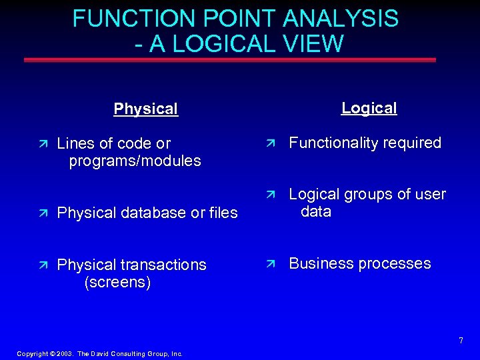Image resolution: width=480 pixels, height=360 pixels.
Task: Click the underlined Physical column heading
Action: (146, 109)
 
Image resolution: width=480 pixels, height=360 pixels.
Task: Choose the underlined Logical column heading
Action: (369, 108)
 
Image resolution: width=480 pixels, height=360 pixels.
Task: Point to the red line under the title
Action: (230, 60)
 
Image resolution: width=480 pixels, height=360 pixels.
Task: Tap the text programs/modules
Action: (135, 161)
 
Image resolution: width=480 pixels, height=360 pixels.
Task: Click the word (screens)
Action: (118, 283)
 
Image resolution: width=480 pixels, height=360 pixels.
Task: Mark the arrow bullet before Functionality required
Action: (270, 143)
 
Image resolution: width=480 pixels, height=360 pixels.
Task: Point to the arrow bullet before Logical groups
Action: (270, 195)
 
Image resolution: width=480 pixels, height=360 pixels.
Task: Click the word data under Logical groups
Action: (316, 212)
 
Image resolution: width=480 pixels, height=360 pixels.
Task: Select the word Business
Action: (321, 263)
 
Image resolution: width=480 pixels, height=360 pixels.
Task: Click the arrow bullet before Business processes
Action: (270, 264)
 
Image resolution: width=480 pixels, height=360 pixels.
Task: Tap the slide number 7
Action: (461, 341)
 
